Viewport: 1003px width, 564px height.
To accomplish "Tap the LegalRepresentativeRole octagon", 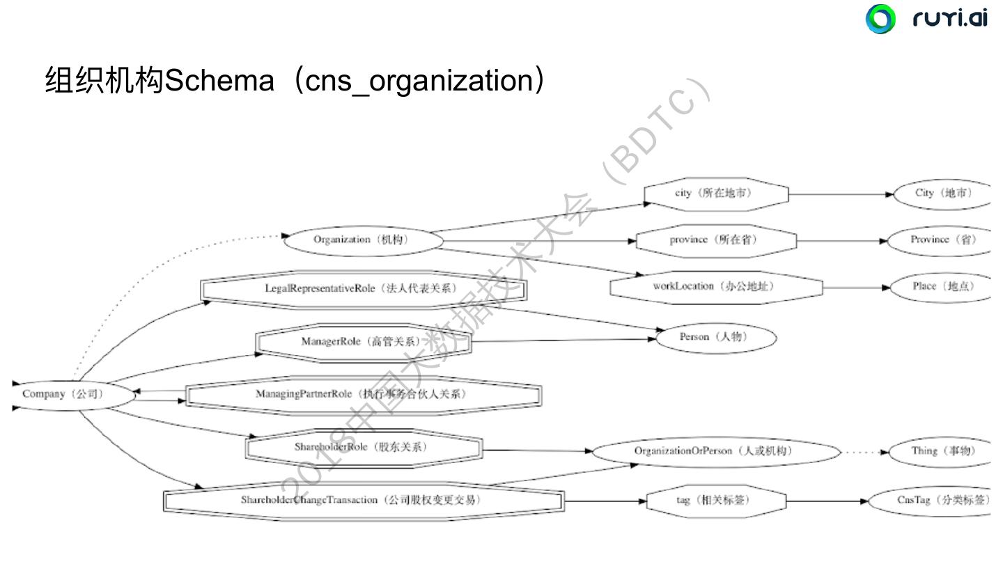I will pyautogui.click(x=363, y=289).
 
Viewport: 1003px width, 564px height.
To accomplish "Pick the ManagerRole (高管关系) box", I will pyautogui.click(x=363, y=342).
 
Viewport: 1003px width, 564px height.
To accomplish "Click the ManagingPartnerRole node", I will pyautogui.click(x=363, y=395).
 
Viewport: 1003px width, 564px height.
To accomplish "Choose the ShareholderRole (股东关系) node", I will pyautogui.click(x=363, y=448).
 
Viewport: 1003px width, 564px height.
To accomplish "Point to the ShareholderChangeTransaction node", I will pyautogui.click(x=363, y=500).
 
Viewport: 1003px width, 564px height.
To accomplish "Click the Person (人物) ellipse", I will pyautogui.click(x=715, y=338).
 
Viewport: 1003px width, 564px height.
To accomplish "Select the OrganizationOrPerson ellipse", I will pyautogui.click(x=715, y=451).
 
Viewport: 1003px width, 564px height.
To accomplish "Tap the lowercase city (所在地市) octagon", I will pyautogui.click(x=715, y=194).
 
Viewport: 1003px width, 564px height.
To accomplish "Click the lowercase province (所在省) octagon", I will pyautogui.click(x=715, y=240).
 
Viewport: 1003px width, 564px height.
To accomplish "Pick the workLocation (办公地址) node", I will pyautogui.click(x=715, y=286).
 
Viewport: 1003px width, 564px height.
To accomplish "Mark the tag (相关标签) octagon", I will pyautogui.click(x=715, y=500).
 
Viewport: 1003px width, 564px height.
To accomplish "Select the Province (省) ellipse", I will pyautogui.click(x=941, y=240).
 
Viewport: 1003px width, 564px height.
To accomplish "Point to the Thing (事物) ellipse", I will pyautogui.click(x=941, y=451).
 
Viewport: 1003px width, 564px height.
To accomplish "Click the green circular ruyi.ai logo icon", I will pyautogui.click(x=880, y=19).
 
